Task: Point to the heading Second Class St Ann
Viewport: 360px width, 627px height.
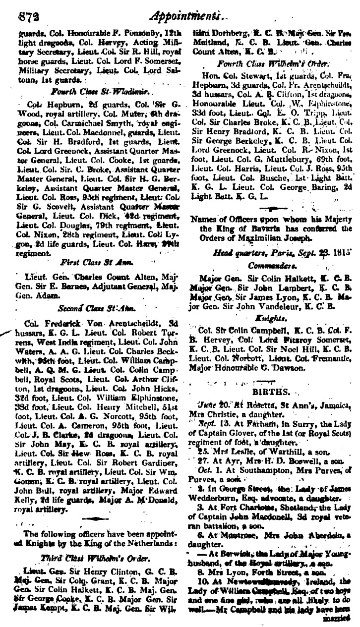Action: [93, 308]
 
